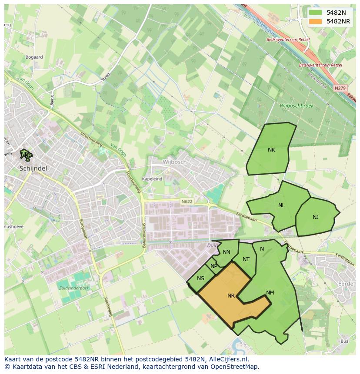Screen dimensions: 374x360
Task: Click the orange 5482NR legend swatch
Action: coord(316,21)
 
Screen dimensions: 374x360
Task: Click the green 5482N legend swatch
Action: coord(316,13)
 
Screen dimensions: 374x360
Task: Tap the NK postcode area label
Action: coord(271,150)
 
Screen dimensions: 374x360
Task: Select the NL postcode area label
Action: coord(282,205)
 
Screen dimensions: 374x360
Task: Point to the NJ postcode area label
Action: coord(316,217)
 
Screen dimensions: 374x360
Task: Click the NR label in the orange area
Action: coord(231,296)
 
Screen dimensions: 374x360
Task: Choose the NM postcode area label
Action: coord(270,293)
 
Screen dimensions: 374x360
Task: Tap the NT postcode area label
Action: coord(246,260)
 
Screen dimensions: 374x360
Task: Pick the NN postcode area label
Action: coord(227,252)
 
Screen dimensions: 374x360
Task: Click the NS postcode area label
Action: coord(200,279)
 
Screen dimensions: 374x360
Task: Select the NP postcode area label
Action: coord(213,267)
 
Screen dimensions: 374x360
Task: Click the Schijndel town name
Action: coord(33,168)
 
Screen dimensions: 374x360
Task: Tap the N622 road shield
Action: coord(187,201)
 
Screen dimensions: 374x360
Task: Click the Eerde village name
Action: coord(345,284)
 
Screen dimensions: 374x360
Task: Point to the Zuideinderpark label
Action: coord(73,288)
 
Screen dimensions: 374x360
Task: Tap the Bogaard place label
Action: coord(34,57)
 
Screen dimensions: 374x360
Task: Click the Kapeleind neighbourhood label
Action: coord(152,179)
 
